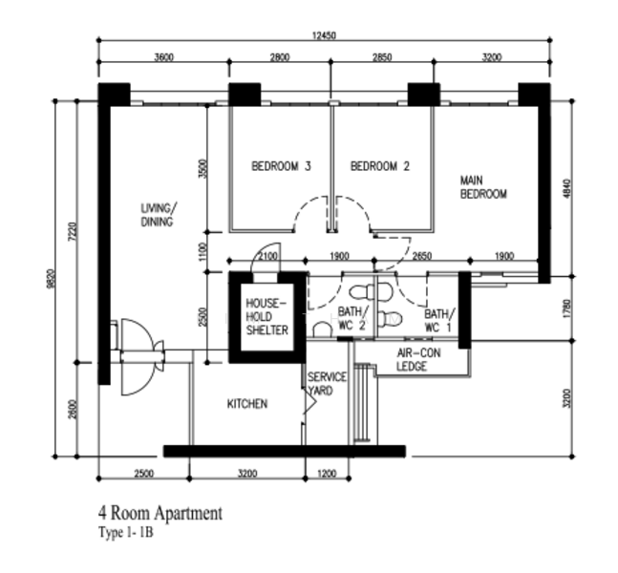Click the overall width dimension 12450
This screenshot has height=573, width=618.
pyautogui.click(x=323, y=35)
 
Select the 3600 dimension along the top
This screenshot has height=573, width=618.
pyautogui.click(x=163, y=58)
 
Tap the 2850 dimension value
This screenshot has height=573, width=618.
pyautogui.click(x=382, y=58)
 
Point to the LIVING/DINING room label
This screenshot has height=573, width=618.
pyautogui.click(x=159, y=215)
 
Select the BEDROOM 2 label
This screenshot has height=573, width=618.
pyautogui.click(x=380, y=166)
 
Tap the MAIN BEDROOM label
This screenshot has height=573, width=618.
pyautogui.click(x=482, y=186)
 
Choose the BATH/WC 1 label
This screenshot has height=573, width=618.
pyautogui.click(x=438, y=320)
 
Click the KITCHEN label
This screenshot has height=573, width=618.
pyautogui.click(x=246, y=404)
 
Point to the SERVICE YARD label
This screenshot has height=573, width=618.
pyautogui.click(x=326, y=383)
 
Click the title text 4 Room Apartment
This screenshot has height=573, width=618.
pyautogui.click(x=160, y=514)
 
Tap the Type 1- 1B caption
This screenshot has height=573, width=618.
pyautogui.click(x=125, y=533)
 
